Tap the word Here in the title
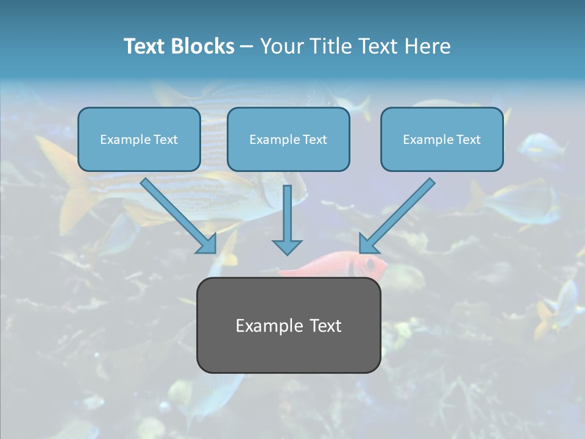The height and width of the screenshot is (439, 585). pos(428,46)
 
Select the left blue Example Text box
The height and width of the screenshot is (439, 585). pos(139,139)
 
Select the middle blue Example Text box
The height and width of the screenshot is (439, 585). pos(288,139)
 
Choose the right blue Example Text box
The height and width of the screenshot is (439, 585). pos(442,139)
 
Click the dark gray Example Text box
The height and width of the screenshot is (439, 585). pos(288,325)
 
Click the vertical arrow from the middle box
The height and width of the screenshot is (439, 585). pos(287,213)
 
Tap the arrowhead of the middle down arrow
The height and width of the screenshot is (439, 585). pos(287,246)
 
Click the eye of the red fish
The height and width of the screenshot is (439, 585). pos(369,265)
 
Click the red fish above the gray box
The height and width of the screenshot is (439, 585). pos(341,266)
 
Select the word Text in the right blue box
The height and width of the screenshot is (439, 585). pos(469,140)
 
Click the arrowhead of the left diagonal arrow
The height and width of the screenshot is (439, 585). pos(207,243)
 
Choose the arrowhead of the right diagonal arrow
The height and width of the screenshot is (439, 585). pos(368,243)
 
